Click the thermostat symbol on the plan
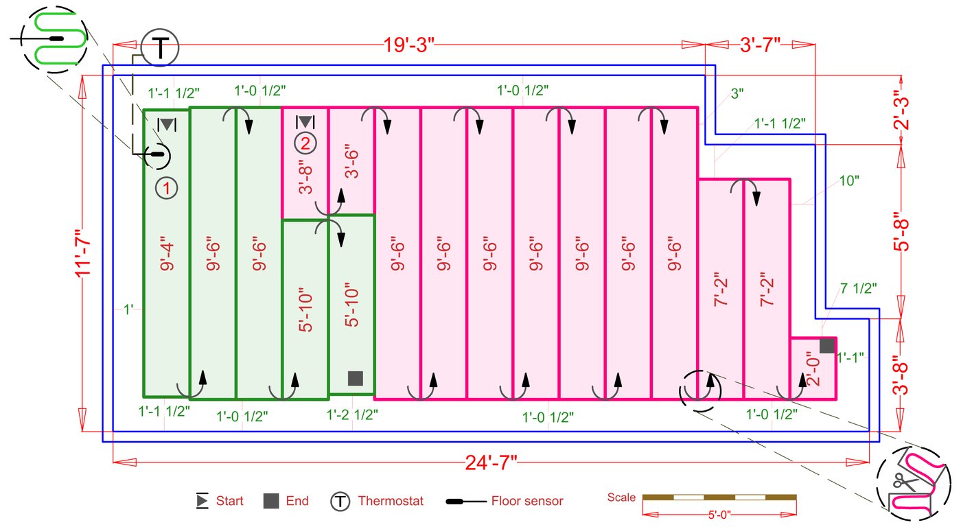point(159,48)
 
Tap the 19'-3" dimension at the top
point(410,45)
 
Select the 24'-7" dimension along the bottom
point(491,464)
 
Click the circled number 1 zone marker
point(166,187)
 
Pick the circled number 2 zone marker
point(305,143)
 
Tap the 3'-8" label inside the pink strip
point(305,178)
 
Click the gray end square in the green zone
point(355,378)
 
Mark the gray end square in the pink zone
point(827,346)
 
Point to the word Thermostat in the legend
point(391,501)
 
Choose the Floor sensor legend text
point(526,501)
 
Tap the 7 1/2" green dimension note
point(858,288)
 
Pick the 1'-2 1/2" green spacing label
point(351,414)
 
